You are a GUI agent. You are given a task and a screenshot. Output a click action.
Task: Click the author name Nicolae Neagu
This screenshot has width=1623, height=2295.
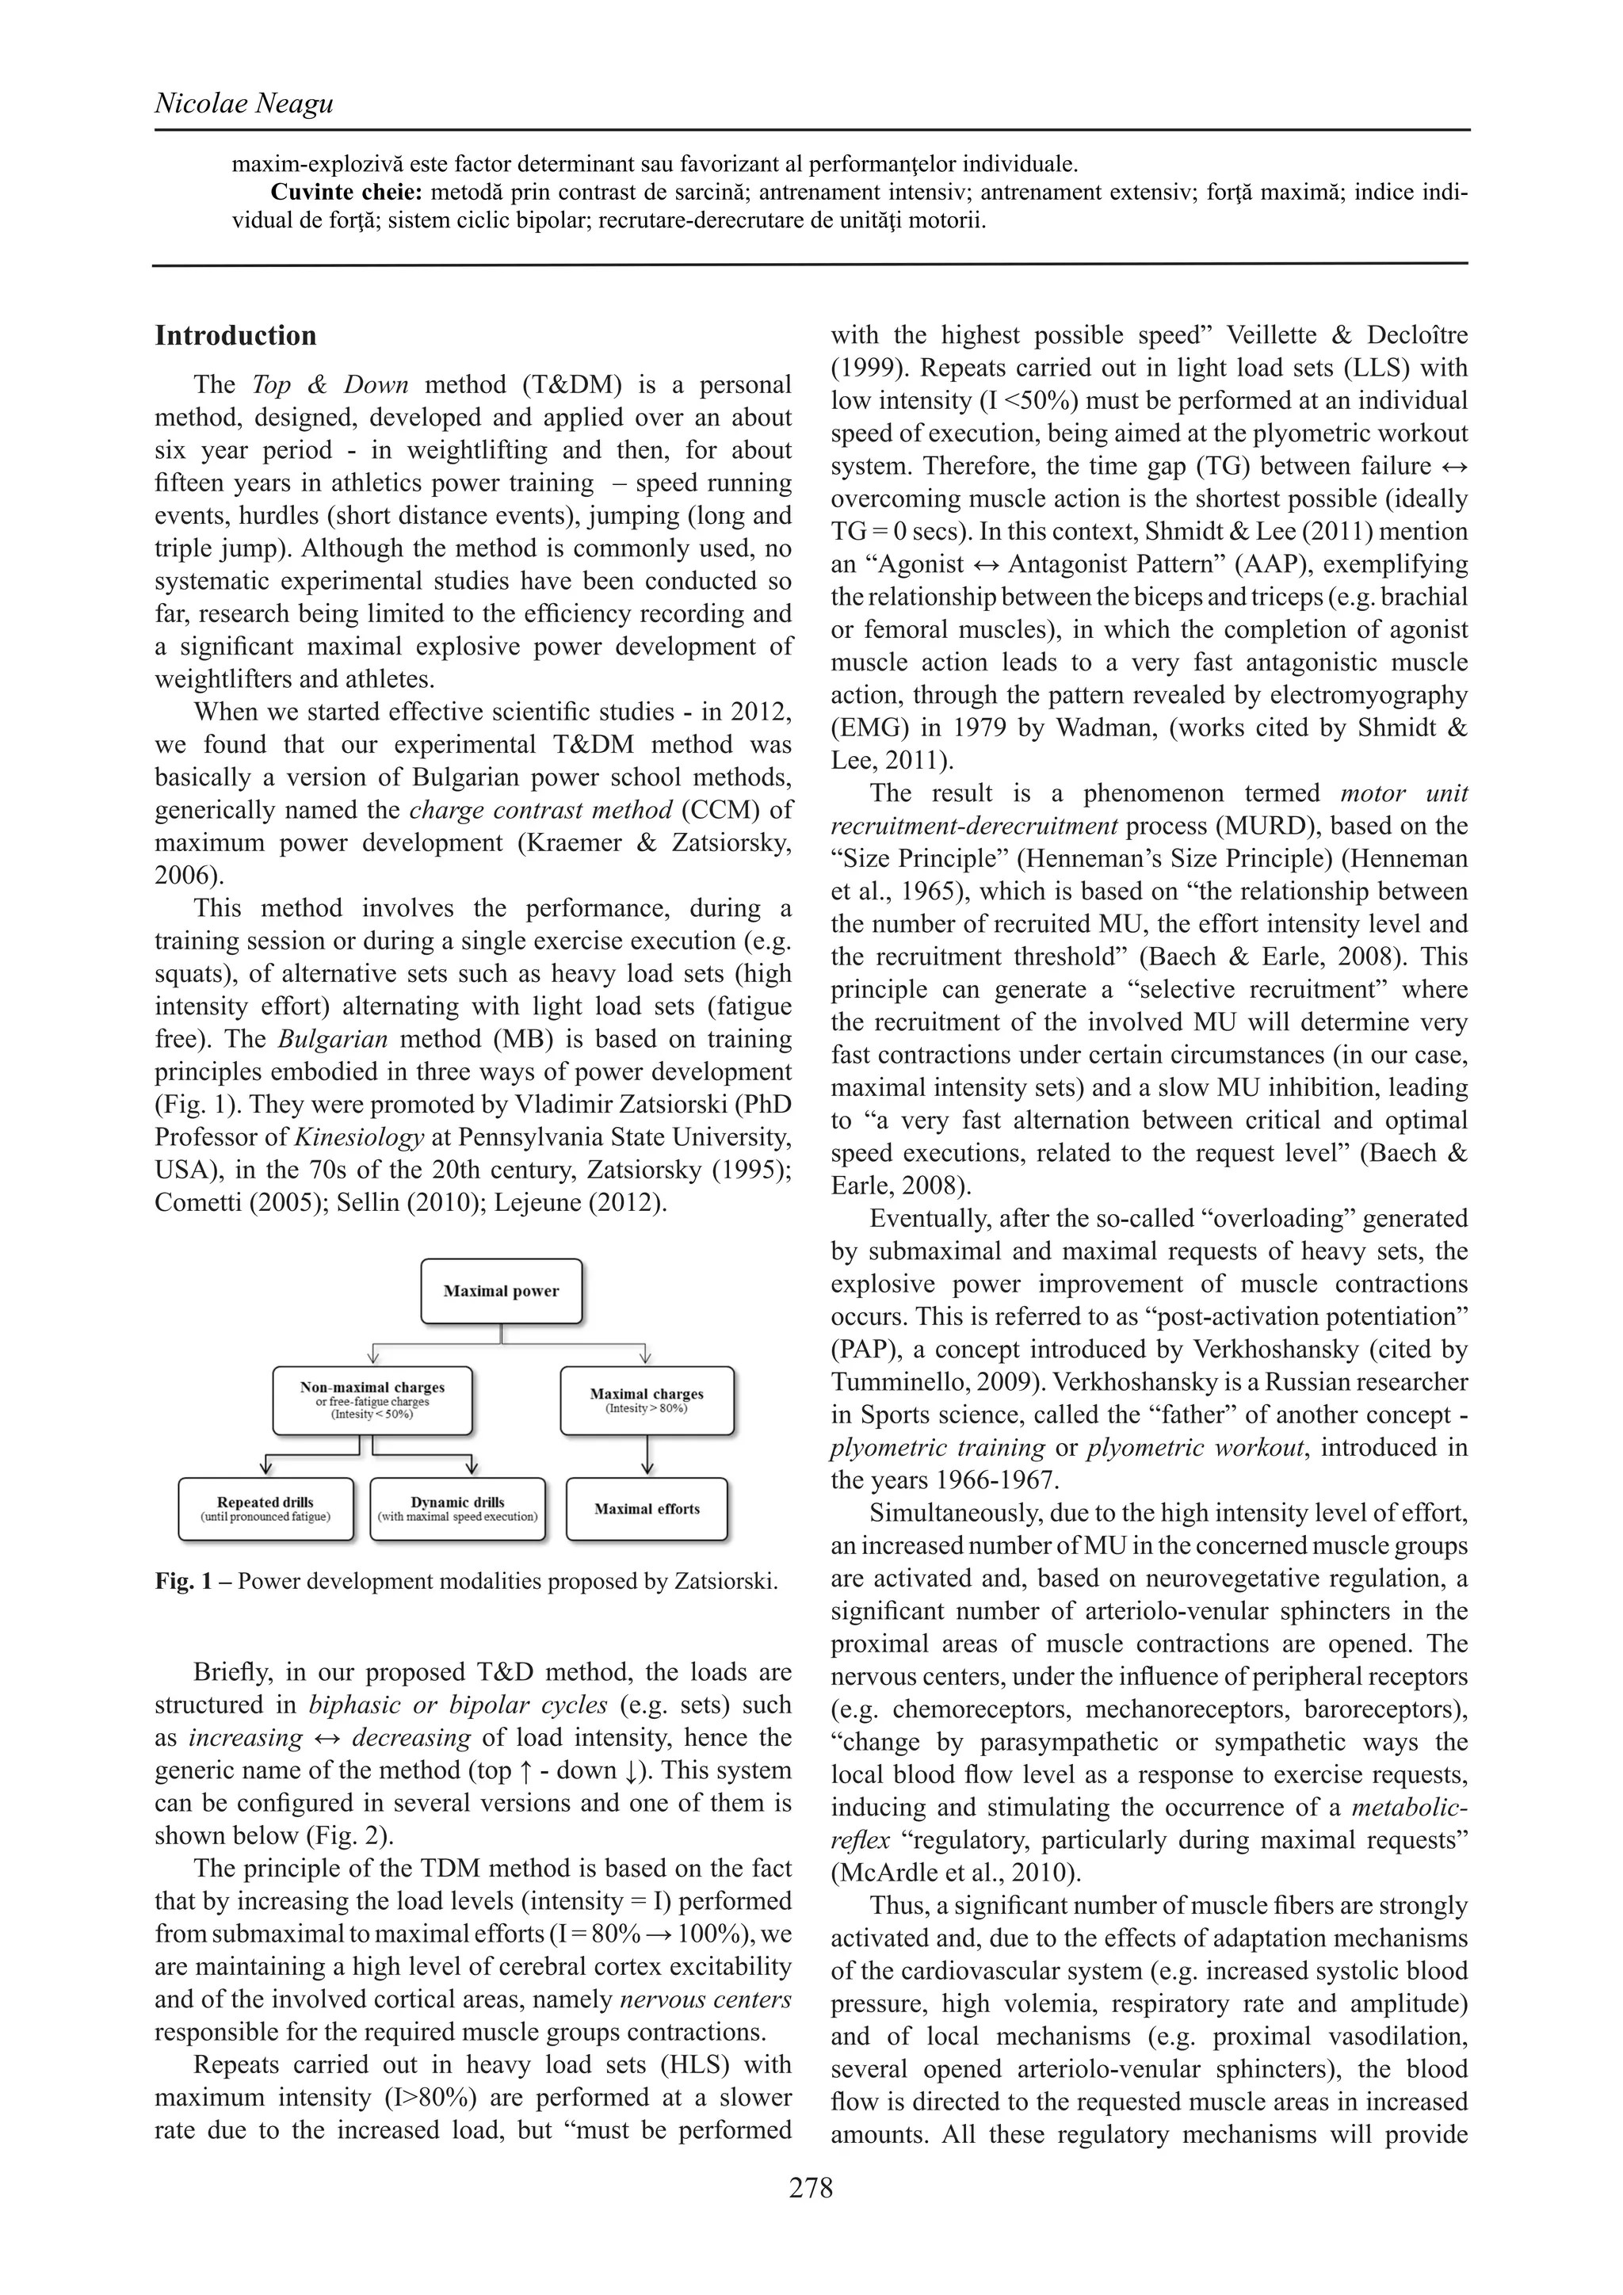(x=244, y=103)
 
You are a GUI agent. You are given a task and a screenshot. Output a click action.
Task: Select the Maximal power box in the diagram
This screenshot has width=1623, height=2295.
(x=501, y=1290)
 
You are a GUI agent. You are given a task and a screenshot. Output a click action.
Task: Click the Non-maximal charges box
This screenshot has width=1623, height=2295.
(x=372, y=1400)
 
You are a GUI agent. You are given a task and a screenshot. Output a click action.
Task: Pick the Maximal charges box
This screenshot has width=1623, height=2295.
(x=647, y=1400)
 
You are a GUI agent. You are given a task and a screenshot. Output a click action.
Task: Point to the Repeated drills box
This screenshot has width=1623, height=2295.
(x=265, y=1508)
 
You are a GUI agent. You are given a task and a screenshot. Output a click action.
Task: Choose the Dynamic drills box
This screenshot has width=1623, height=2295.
(x=458, y=1508)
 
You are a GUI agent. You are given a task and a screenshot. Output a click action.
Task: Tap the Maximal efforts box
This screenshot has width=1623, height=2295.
(x=647, y=1508)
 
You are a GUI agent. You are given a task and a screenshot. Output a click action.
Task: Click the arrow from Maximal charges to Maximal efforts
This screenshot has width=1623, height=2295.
(x=647, y=1454)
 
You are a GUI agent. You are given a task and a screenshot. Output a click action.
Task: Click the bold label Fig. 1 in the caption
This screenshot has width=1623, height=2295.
(x=184, y=1581)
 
